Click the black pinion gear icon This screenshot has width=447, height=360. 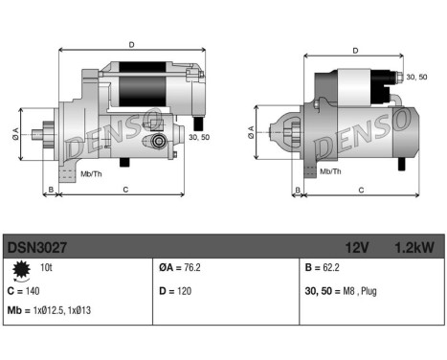20,272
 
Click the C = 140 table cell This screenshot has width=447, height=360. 26,290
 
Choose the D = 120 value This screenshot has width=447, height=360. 176,290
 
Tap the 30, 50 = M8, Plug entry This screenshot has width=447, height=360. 343,290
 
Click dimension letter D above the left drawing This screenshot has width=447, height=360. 131,43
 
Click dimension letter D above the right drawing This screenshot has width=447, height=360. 355,51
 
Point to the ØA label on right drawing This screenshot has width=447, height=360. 251,132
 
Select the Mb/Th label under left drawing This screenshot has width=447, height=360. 92,173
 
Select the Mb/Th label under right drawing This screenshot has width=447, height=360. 330,172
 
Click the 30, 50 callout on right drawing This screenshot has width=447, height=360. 416,77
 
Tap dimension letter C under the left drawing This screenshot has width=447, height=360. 126,191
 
